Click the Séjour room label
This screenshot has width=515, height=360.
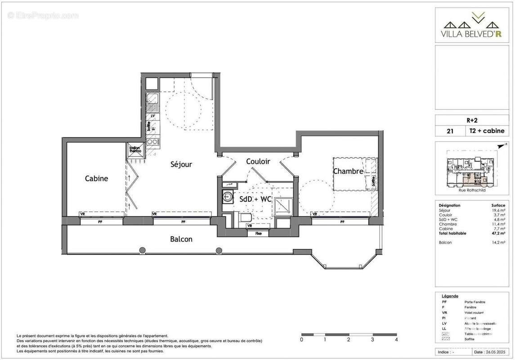coord(181,165)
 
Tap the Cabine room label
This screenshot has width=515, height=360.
coord(97,179)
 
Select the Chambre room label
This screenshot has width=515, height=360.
coord(348,171)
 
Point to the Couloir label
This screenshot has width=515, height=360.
coord(258,161)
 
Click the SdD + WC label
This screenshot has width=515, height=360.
coord(255,199)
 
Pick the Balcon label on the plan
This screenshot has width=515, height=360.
coord(181,239)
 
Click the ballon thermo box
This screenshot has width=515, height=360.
coord(135,150)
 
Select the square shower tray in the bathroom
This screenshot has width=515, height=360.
coord(283,206)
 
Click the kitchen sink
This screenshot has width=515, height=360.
coord(153,103)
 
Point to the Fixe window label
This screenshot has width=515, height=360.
coord(258,234)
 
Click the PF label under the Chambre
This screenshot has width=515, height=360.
coord(342,222)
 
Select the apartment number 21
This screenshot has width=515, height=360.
coord(449,131)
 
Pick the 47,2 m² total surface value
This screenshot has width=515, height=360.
coord(499,233)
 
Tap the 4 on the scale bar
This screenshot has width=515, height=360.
coord(397,340)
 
